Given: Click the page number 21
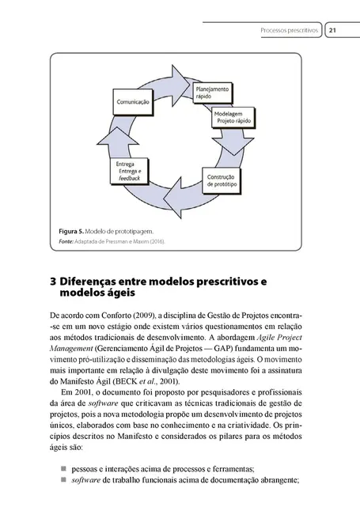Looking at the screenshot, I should pos(332,32).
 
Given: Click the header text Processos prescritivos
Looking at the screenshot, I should pos(290,32).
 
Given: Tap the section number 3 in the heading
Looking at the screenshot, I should pos(53,282).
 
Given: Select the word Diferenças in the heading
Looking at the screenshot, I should pos(94,282).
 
